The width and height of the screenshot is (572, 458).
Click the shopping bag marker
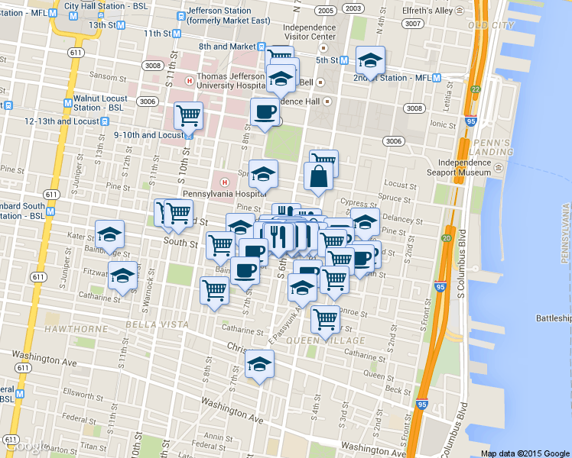[x=317, y=176]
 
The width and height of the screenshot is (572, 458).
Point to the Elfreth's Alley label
[x=431, y=11]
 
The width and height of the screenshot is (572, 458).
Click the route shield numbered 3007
[x=414, y=24]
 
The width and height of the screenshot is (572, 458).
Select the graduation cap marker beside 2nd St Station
[x=370, y=60]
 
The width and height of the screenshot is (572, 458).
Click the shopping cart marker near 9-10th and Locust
[x=188, y=117]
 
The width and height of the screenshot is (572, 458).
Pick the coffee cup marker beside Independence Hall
[x=265, y=111]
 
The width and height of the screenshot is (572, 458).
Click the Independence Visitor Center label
[x=309, y=31]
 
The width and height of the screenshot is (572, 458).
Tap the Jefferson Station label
[x=219, y=15]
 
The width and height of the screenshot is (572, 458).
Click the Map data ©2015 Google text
[x=525, y=453]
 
